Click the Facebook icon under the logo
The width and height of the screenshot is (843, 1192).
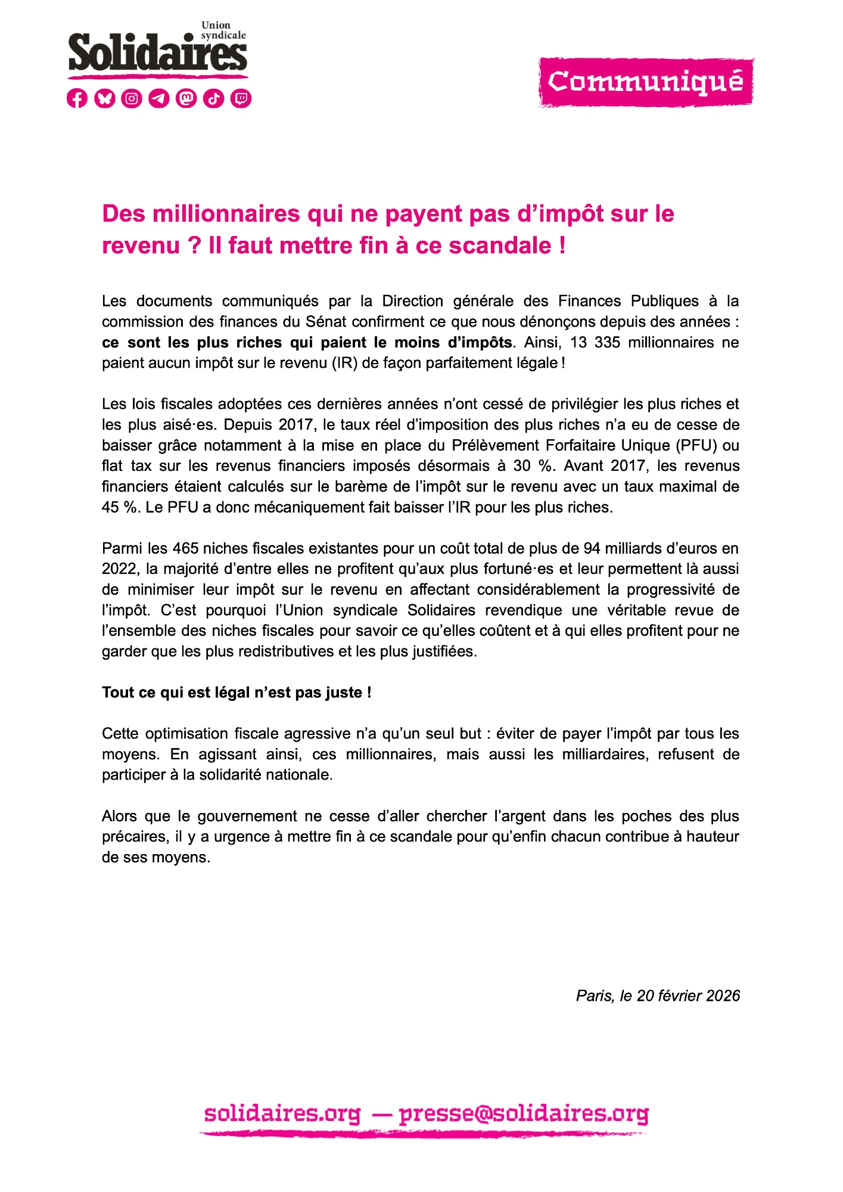pyautogui.click(x=77, y=98)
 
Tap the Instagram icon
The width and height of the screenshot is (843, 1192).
pyautogui.click(x=132, y=98)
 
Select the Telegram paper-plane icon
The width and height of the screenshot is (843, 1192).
pyautogui.click(x=159, y=98)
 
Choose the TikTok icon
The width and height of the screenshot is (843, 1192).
pyautogui.click(x=214, y=98)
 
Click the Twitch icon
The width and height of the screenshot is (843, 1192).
pyautogui.click(x=241, y=98)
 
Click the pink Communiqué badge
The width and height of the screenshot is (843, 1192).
pyautogui.click(x=646, y=82)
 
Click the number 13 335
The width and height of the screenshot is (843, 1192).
pyautogui.click(x=595, y=343)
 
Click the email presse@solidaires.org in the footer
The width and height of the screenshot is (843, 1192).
pyautogui.click(x=524, y=1114)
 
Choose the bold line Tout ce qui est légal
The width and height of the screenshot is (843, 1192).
pyautogui.click(x=237, y=693)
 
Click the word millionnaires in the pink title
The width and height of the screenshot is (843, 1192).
pyautogui.click(x=226, y=214)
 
